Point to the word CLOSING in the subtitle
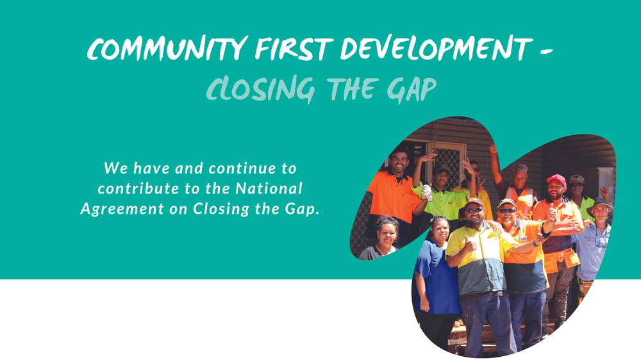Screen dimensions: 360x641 [260, 90]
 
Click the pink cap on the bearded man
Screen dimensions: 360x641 [556, 180]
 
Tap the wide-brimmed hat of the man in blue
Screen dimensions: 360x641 [600, 204]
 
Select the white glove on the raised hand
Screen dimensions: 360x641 [426, 192]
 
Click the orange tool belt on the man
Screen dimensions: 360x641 [561, 260]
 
